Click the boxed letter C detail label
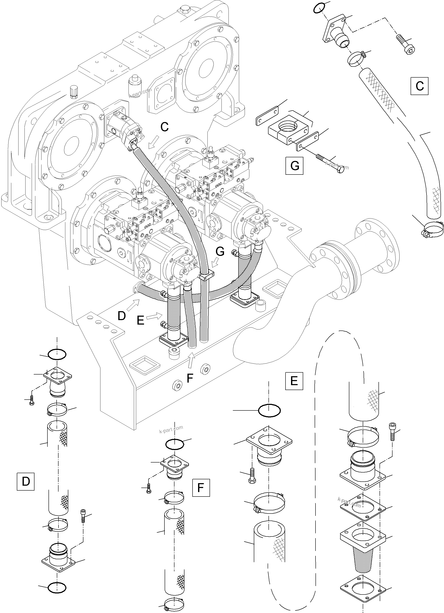coord(419,86)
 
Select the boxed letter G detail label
coord(294,165)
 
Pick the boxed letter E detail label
coord(294,381)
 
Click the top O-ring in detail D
coord(57,354)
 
